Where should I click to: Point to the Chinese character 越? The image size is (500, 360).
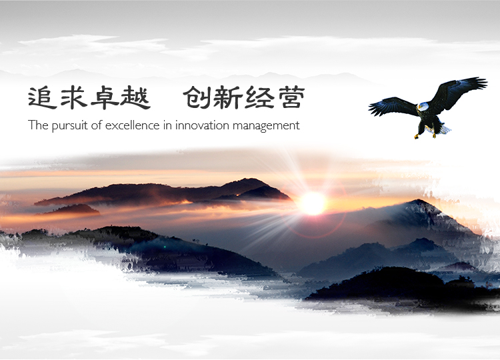click(x=135, y=98)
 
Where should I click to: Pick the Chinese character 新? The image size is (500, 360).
click(x=227, y=98)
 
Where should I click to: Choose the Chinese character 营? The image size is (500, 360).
click(x=291, y=98)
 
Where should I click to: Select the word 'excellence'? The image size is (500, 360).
click(x=133, y=125)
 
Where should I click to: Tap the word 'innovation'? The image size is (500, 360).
click(x=202, y=125)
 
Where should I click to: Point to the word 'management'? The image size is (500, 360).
click(x=266, y=126)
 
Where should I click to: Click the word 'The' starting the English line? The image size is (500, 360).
click(x=38, y=125)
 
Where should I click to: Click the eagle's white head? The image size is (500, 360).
click(x=423, y=107)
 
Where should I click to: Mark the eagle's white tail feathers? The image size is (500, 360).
click(x=443, y=129)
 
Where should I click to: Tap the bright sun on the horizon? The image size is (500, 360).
click(x=313, y=203)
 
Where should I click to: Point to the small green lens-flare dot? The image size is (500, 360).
click(x=165, y=247)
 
